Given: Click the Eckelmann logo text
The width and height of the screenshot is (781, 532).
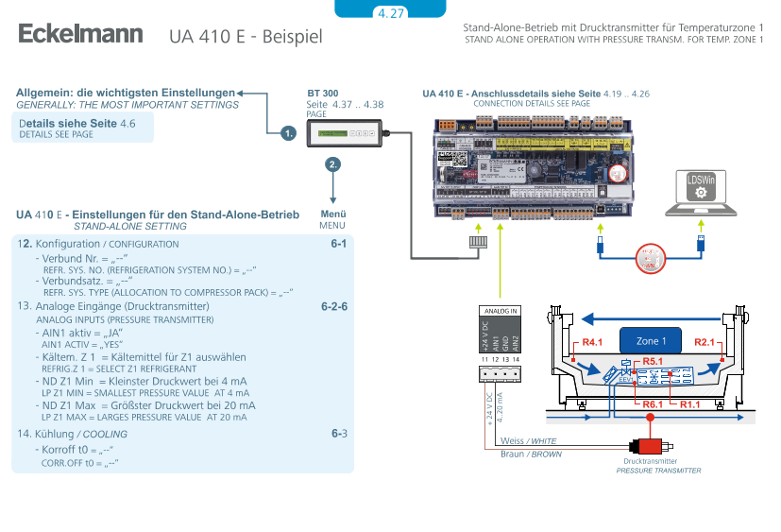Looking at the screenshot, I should point(80,35).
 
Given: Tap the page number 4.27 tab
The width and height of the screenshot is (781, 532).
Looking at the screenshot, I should point(390,12).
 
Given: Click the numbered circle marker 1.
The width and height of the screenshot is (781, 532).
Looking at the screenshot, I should point(289,133).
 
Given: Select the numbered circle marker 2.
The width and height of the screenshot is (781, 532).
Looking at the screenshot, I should point(332,163).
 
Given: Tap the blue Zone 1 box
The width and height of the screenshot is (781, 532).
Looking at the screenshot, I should point(651,341).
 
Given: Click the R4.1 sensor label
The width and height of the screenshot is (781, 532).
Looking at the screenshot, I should point(592,342).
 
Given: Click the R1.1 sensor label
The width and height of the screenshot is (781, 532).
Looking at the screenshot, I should point(690,403).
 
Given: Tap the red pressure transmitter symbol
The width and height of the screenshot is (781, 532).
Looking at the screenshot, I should point(650,444).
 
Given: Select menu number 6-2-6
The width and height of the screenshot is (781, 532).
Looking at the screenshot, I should point(334,307).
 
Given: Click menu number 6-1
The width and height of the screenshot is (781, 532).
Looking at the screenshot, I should point(338,244).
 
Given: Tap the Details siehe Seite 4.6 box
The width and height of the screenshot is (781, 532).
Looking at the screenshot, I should point(84,128).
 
